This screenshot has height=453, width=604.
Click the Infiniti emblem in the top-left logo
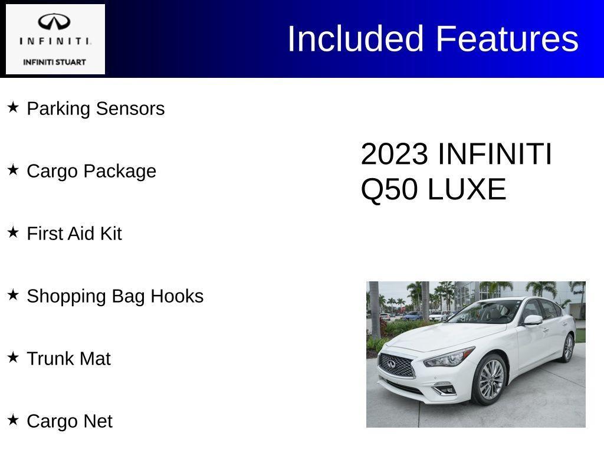click(54, 22)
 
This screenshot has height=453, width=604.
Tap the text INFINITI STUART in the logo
click(54, 62)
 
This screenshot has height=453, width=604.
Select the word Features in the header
click(507, 39)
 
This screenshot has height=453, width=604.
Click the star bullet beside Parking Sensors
click(13, 107)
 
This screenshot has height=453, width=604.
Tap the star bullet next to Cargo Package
click(13, 170)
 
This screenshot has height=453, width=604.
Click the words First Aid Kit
click(74, 234)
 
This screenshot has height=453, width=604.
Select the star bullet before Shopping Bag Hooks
click(13, 295)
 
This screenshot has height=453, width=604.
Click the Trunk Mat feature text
click(68, 359)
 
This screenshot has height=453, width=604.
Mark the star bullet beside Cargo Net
click(13, 420)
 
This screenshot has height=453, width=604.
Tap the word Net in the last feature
click(97, 421)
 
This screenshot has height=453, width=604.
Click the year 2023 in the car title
click(394, 154)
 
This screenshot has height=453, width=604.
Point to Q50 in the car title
click(389, 189)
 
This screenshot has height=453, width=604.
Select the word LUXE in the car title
click(467, 189)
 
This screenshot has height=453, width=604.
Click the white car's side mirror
click(532, 320)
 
